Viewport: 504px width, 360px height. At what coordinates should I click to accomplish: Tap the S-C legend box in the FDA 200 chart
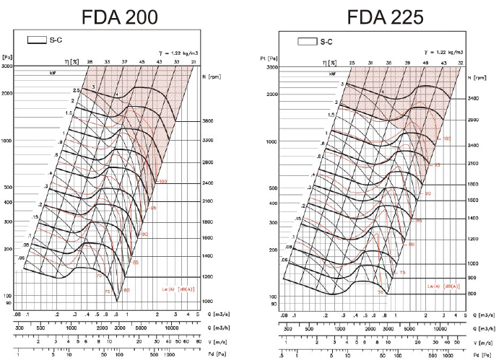(37, 40)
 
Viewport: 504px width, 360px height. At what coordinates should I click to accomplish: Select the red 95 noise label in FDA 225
(436, 165)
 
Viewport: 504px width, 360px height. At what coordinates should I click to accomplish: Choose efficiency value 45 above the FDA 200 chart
(142, 62)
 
